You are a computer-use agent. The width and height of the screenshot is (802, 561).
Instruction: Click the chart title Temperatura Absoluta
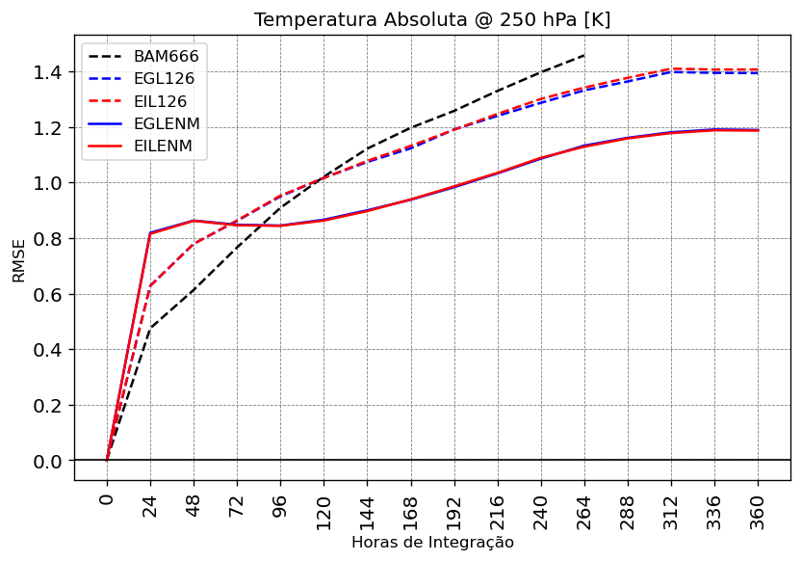click(432, 20)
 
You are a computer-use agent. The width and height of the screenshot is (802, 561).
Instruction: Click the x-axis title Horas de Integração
click(432, 543)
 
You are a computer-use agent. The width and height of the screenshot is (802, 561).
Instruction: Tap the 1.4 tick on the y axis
click(48, 72)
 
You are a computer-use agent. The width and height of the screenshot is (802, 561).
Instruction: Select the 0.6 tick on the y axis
click(48, 294)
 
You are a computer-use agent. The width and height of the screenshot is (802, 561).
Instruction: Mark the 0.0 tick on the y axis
click(48, 461)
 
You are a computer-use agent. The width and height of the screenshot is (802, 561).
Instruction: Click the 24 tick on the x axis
click(150, 507)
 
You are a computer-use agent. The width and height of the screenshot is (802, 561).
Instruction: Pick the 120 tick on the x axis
click(323, 511)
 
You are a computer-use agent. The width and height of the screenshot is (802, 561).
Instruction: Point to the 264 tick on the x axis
click(584, 511)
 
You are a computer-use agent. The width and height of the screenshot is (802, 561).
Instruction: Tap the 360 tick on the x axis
click(758, 511)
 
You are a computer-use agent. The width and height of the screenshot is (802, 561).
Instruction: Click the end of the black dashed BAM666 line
click(584, 55)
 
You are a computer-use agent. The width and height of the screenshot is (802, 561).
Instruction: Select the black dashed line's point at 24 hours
click(150, 329)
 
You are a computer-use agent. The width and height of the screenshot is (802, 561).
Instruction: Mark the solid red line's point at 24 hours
click(150, 233)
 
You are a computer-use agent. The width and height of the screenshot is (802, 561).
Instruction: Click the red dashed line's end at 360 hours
click(758, 69)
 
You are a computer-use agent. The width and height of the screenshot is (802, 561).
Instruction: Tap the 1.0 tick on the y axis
click(48, 183)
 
